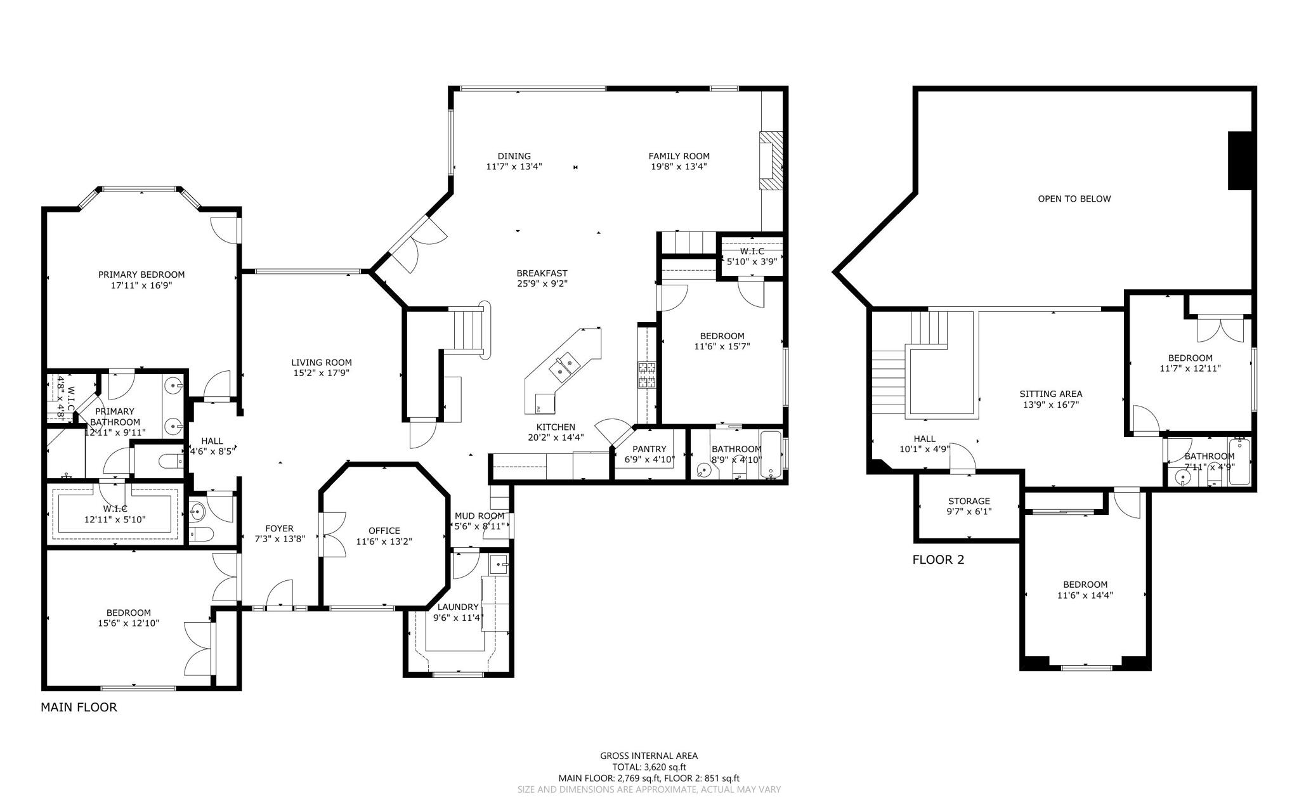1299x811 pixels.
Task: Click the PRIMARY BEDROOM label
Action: tap(141, 275)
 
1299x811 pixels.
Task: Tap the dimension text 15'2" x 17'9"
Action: tap(321, 373)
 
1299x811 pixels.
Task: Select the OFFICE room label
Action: tap(384, 531)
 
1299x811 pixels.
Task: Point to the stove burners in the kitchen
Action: tap(646, 375)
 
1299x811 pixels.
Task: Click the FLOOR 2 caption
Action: tap(937, 560)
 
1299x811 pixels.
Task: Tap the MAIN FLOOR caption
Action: tap(79, 707)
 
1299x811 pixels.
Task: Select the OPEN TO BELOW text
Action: tap(1074, 198)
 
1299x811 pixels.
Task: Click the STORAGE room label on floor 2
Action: tap(969, 501)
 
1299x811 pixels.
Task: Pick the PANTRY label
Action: tap(649, 449)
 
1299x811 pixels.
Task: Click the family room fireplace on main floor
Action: tap(771, 160)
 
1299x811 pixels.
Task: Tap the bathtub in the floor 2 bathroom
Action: tap(1239, 462)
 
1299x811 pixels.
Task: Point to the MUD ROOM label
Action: tap(480, 516)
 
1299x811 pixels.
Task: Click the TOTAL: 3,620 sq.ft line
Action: tap(649, 767)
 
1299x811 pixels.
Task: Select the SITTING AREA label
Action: tap(1050, 394)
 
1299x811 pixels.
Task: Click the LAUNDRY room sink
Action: tap(500, 563)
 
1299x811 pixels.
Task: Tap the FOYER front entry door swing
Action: tap(279, 595)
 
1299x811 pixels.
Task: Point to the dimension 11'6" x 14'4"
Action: tap(1085, 595)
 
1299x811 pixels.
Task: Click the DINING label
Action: tap(514, 156)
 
